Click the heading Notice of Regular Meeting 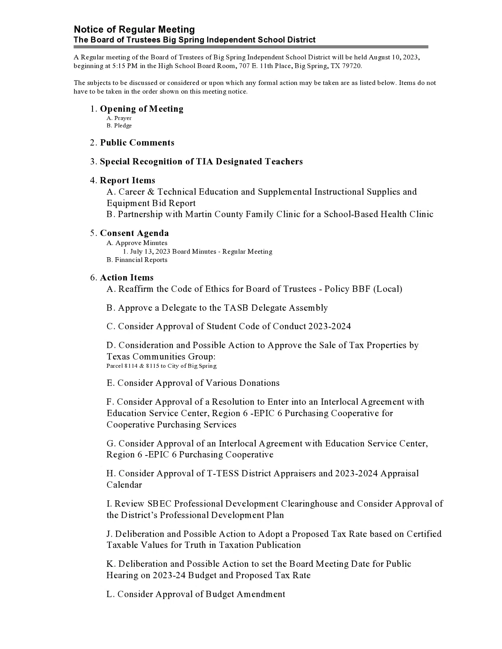pyautogui.click(x=134, y=29)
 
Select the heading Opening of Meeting pyautogui.click(x=142, y=109)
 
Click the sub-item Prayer pyautogui.click(x=123, y=118)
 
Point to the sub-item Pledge pyautogui.click(x=123, y=125)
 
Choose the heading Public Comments pyautogui.click(x=137, y=143)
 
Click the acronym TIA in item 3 pyautogui.click(x=205, y=162)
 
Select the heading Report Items pyautogui.click(x=128, y=181)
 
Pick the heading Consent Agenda pyautogui.click(x=134, y=233)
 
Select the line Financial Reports pyautogui.click(x=141, y=260)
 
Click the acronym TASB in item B pyautogui.click(x=236, y=308)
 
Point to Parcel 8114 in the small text pyautogui.click(x=122, y=366)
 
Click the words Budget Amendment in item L pyautogui.click(x=246, y=594)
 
